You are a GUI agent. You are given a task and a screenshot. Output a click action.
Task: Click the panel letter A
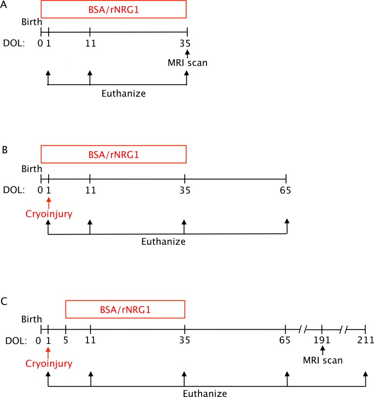coord(4,4)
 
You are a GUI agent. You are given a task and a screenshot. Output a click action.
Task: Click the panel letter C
coord(4,302)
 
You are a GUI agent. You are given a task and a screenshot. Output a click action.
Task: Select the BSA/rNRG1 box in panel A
coord(114,10)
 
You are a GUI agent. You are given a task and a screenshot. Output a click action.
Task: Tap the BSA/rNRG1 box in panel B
coord(114,154)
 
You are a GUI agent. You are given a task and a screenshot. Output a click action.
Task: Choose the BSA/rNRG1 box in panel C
coord(125,310)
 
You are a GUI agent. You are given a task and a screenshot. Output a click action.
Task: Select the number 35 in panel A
coord(187,43)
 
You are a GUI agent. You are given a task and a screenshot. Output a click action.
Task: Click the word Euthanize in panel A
coord(117,95)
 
